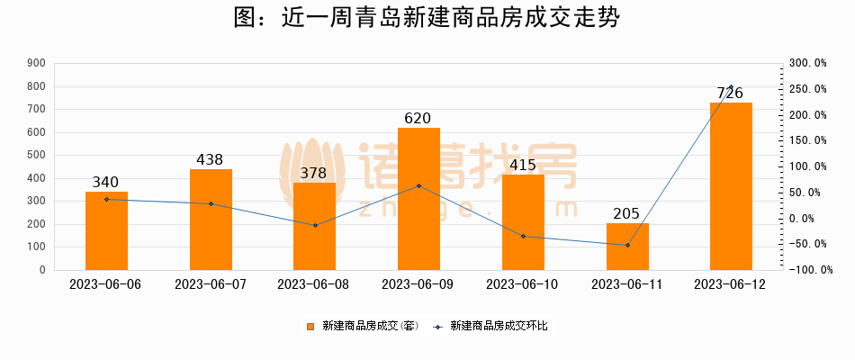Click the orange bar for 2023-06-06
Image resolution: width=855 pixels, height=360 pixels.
(x=106, y=230)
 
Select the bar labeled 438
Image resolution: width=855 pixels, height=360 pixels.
(x=211, y=220)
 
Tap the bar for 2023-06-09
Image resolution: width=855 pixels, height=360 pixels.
(x=418, y=199)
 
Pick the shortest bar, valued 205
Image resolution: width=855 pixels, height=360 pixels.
(x=627, y=247)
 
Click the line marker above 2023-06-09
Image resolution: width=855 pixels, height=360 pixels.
(x=418, y=186)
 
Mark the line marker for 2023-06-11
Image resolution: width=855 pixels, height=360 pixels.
(x=627, y=245)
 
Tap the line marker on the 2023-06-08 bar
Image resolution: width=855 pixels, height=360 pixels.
(x=315, y=225)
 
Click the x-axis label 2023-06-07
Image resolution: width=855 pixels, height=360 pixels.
(x=211, y=283)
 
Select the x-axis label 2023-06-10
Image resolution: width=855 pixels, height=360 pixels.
(x=523, y=283)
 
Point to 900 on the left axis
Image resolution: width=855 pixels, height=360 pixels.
(x=37, y=64)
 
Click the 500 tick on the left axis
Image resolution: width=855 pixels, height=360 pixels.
(x=37, y=156)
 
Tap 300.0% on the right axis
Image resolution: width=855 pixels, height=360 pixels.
(x=806, y=64)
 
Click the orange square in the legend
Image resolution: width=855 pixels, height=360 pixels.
(x=310, y=326)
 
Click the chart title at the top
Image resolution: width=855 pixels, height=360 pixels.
(x=427, y=18)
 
